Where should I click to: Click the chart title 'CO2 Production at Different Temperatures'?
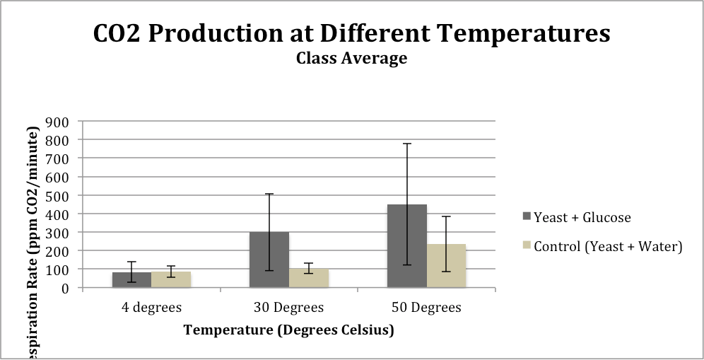pyautogui.click(x=351, y=33)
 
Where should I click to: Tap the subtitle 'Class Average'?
pyautogui.click(x=351, y=58)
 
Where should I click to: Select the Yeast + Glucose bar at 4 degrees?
pyautogui.click(x=131, y=280)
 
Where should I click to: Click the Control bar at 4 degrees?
pyautogui.click(x=171, y=280)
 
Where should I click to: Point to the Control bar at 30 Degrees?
pyautogui.click(x=309, y=278)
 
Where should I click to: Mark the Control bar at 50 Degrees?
pyautogui.click(x=447, y=266)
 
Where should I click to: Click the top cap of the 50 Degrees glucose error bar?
pyautogui.click(x=407, y=144)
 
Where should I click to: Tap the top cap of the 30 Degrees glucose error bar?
pyautogui.click(x=269, y=194)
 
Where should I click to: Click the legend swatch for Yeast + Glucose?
pyautogui.click(x=525, y=217)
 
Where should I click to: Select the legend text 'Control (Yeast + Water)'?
pyautogui.click(x=608, y=246)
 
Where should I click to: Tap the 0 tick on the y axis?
pyautogui.click(x=63, y=288)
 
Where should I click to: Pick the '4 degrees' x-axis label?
pyautogui.click(x=151, y=308)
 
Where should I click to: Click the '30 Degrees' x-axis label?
pyautogui.click(x=288, y=308)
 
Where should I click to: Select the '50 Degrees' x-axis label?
pyautogui.click(x=426, y=308)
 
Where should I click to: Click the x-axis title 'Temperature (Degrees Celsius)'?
pyautogui.click(x=288, y=330)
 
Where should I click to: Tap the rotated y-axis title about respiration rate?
pyautogui.click(x=33, y=240)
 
